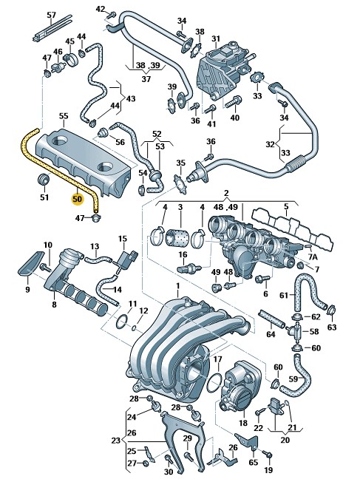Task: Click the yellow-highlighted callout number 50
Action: point(77,199)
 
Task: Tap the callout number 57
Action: point(51,15)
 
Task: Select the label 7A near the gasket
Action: point(313,257)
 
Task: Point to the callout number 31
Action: point(216,38)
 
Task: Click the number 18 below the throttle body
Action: point(243,423)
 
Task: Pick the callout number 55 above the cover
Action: point(64,116)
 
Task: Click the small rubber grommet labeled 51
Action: point(44,180)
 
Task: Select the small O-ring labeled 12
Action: point(134,328)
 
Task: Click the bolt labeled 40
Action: point(234,101)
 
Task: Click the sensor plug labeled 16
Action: point(189,268)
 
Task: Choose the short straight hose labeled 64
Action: point(271,319)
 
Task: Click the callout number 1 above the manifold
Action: point(177,287)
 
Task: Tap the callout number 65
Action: point(254,462)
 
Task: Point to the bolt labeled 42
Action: point(112,14)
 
